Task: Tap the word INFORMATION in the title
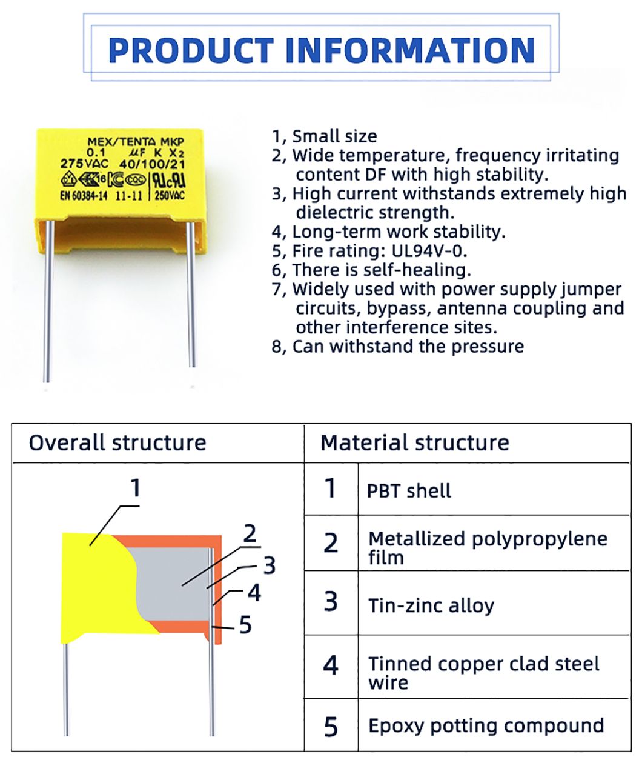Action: pyautogui.click(x=409, y=50)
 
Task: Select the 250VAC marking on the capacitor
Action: pyautogui.click(x=170, y=195)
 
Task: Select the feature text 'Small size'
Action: pyautogui.click(x=334, y=136)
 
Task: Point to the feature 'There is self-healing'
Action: pyautogui.click(x=381, y=270)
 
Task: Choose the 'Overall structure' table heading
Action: pyautogui.click(x=117, y=442)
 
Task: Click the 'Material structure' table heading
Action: pyautogui.click(x=414, y=442)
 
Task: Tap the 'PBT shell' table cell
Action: pyautogui.click(x=409, y=490)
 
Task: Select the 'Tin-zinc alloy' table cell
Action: pyautogui.click(x=431, y=605)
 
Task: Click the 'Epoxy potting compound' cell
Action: pyautogui.click(x=486, y=725)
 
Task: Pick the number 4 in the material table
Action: pyautogui.click(x=331, y=665)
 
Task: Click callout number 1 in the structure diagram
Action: pyautogui.click(x=136, y=487)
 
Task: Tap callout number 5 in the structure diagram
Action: pyautogui.click(x=245, y=624)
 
